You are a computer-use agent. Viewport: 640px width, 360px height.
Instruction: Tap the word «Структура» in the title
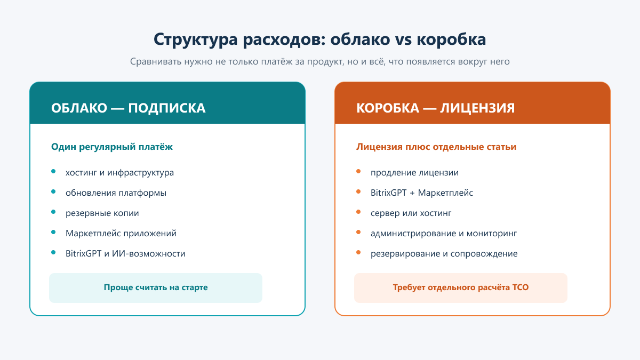196,39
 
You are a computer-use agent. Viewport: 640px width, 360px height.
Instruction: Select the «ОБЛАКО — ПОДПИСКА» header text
129,108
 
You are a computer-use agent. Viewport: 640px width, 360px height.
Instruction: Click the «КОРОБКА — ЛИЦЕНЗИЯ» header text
435,108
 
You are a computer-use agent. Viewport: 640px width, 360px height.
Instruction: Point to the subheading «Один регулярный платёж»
112,147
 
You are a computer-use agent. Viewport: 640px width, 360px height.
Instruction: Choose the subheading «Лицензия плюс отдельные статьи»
436,147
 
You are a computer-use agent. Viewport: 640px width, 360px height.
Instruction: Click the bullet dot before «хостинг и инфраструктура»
53,171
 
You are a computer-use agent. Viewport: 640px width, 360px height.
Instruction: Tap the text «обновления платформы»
116,193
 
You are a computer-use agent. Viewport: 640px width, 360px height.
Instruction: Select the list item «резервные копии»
102,213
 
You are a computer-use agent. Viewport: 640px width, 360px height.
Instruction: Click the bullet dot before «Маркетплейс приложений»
53,233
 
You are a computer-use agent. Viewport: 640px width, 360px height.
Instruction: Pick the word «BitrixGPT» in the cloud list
83,253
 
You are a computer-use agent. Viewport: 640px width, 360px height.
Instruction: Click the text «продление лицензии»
414,173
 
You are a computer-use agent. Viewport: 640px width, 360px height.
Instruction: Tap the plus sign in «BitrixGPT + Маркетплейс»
412,193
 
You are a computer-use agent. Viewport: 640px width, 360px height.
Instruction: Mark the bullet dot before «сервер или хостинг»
358,212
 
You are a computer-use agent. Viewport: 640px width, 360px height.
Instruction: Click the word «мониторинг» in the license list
492,234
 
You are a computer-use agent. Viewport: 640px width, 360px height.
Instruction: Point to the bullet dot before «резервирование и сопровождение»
358,253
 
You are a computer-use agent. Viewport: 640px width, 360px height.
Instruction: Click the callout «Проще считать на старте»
156,287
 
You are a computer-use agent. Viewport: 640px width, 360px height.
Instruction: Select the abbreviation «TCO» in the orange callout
521,287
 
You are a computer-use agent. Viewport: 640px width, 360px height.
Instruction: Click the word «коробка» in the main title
451,39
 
